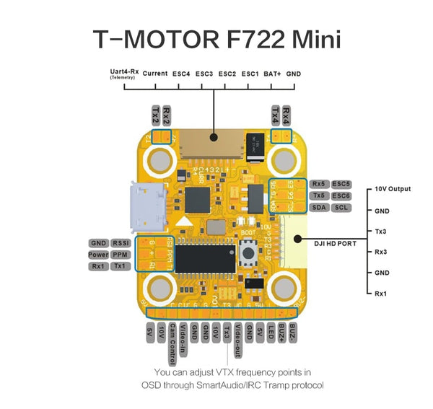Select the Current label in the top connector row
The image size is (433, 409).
[155, 74]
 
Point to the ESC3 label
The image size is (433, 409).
[204, 74]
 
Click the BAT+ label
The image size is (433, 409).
[272, 74]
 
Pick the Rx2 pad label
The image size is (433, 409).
[167, 114]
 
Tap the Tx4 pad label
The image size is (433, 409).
[275, 114]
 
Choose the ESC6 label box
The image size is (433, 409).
[341, 195]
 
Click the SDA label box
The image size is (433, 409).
[319, 208]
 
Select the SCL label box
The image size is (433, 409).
[341, 208]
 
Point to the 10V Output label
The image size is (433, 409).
[393, 189]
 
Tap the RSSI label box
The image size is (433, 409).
[121, 243]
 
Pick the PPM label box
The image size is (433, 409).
[120, 255]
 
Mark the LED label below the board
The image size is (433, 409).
[271, 334]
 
